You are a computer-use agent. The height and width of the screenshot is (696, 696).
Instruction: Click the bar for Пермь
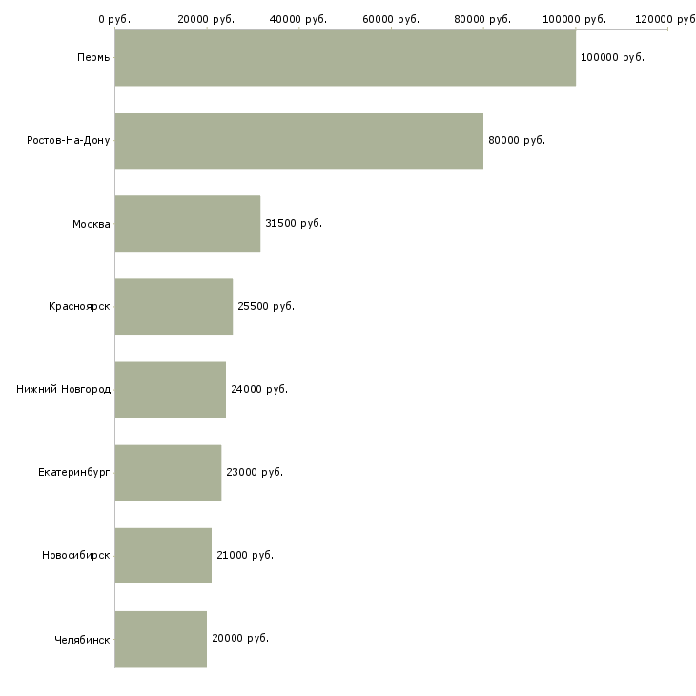tap(345, 57)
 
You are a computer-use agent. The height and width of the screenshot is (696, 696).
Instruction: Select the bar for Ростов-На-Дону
tap(298, 140)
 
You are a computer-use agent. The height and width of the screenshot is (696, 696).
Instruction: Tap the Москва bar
tap(187, 223)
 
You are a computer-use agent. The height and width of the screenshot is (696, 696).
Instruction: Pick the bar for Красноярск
tap(174, 306)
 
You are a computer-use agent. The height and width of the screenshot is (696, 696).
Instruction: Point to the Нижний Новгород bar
tap(170, 389)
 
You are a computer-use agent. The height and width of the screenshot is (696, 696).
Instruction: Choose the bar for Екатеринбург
tap(168, 472)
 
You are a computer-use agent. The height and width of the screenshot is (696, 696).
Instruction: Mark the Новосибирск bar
tap(163, 555)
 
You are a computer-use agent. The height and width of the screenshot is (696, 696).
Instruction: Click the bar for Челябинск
tap(160, 638)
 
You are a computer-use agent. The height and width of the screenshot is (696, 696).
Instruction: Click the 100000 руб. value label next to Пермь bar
tap(612, 57)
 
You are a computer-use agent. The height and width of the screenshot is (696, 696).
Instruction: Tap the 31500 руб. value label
tap(294, 223)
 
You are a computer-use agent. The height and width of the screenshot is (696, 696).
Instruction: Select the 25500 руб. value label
tap(266, 306)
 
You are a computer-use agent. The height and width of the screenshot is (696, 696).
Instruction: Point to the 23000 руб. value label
tap(255, 472)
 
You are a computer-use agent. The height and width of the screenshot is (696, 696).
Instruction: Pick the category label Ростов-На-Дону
tap(69, 140)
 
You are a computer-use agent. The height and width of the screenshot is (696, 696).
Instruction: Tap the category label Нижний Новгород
tap(64, 389)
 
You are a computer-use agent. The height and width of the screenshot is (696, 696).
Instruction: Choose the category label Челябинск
tap(82, 638)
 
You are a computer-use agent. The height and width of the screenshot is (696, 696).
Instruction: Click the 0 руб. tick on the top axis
tap(114, 19)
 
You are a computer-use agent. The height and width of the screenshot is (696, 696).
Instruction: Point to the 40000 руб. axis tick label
tap(299, 19)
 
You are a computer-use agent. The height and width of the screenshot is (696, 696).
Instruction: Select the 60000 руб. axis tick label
tap(391, 19)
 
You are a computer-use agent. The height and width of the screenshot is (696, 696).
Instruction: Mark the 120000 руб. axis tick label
tap(666, 19)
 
